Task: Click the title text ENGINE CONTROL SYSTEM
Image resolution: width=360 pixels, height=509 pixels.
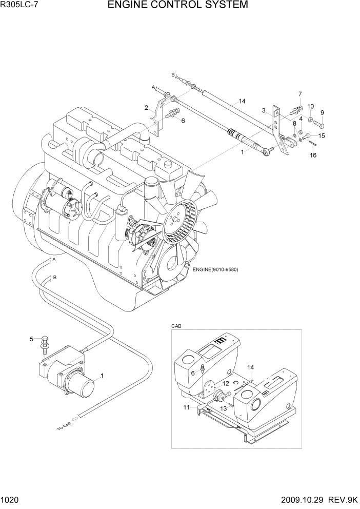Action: pyautogui.click(x=178, y=6)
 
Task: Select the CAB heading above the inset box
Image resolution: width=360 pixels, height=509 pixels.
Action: pyautogui.click(x=177, y=326)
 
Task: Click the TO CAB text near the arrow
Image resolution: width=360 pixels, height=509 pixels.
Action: pyautogui.click(x=64, y=426)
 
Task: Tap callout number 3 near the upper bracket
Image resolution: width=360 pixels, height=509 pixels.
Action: pyautogui.click(x=263, y=110)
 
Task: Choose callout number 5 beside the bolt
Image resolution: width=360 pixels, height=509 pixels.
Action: pyautogui.click(x=32, y=339)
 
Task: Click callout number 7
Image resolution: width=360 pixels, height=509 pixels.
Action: pyautogui.click(x=300, y=94)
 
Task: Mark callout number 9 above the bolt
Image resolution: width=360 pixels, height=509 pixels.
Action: pyautogui.click(x=322, y=112)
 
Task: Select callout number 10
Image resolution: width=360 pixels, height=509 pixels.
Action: pyautogui.click(x=310, y=106)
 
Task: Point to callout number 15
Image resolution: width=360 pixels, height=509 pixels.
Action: pyautogui.click(x=322, y=135)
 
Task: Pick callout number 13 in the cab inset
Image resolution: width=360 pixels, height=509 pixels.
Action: pyautogui.click(x=223, y=408)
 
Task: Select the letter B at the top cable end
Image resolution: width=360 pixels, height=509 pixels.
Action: pyautogui.click(x=173, y=75)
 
